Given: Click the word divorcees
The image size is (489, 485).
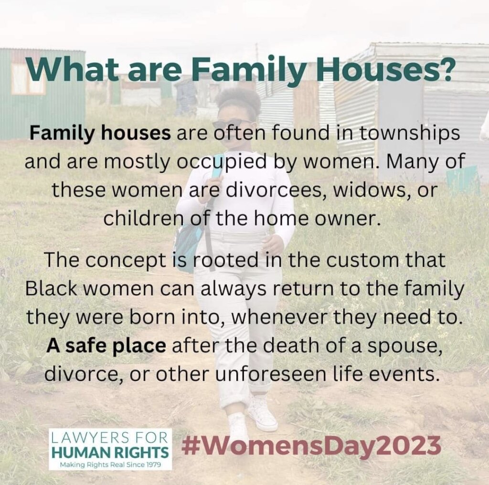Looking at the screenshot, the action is pos(275,190).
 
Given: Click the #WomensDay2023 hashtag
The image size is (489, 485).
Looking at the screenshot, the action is pos(311,446).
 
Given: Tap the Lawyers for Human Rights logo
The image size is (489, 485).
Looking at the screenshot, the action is pos(110,449).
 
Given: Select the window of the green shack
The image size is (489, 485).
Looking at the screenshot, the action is pos(28,78).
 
